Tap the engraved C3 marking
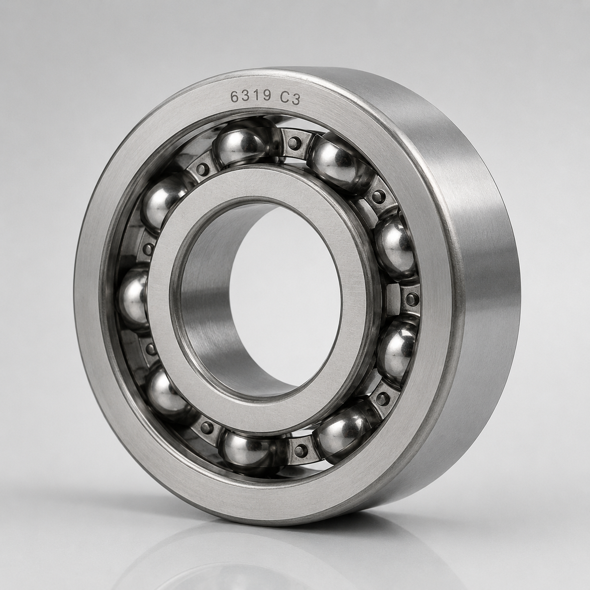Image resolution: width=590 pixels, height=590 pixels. tap(290, 99)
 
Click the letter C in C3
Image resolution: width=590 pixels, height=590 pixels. tap(285, 98)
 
